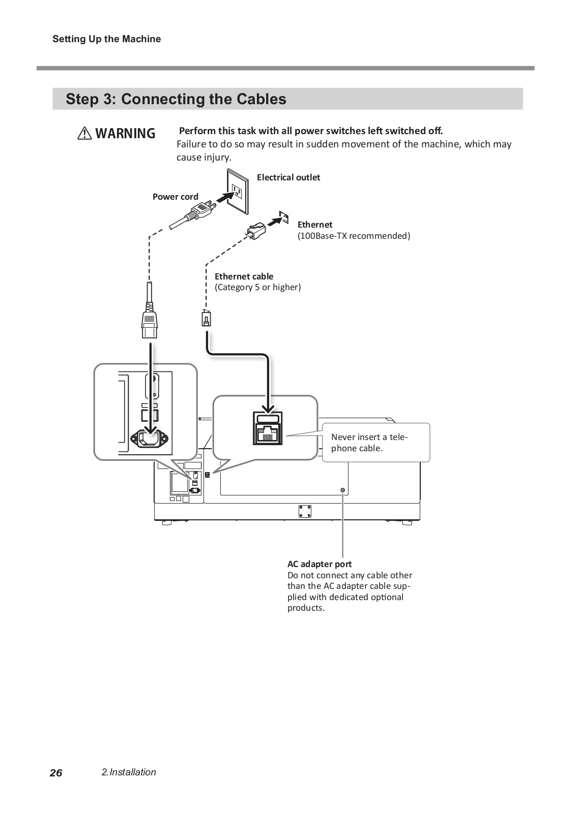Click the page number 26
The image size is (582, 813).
[x=56, y=773]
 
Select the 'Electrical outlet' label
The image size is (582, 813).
[x=288, y=177]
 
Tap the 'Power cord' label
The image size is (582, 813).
[x=176, y=197]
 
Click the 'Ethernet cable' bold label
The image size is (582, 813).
[x=244, y=276]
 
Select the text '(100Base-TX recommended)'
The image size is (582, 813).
[x=354, y=236]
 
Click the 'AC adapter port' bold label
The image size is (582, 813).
[x=319, y=564]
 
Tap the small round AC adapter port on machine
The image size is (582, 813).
[x=342, y=490]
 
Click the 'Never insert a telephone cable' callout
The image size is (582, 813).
[x=375, y=443]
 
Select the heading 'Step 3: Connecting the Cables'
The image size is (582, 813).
[x=176, y=99]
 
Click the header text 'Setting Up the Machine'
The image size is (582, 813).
[x=106, y=39]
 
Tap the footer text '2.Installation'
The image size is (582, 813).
[x=129, y=772]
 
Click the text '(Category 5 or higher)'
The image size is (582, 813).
[x=257, y=288]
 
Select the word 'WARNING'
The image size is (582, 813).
[x=125, y=134]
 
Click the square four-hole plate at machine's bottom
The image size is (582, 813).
[x=305, y=511]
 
